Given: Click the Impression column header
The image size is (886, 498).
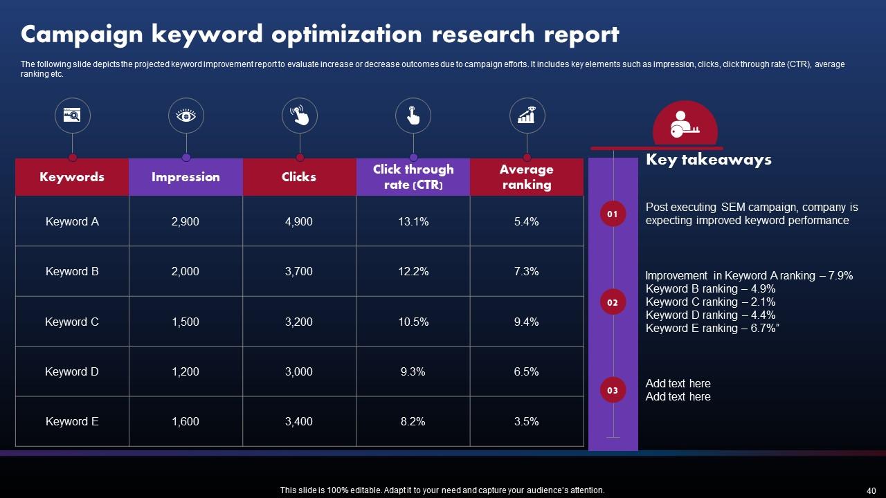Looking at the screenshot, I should click(x=186, y=177).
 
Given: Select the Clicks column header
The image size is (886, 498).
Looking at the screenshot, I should click(x=299, y=177).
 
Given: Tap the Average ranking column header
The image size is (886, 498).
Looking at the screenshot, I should click(x=527, y=177).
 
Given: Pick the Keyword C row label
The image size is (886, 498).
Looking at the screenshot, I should click(x=72, y=322).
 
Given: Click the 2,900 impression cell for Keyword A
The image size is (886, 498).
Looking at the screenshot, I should click(x=186, y=221).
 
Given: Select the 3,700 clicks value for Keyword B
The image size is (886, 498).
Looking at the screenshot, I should click(x=299, y=271).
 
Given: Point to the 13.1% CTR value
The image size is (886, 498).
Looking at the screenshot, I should click(x=413, y=221).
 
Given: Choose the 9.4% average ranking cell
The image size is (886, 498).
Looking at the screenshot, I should click(x=527, y=322).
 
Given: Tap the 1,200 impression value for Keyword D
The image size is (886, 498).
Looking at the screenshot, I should click(x=186, y=371).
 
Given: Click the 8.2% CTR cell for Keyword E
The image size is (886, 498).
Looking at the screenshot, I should click(x=413, y=421).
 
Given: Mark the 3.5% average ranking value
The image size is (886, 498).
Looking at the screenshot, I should click(x=527, y=421).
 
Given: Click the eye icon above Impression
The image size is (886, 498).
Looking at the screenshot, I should click(x=186, y=116).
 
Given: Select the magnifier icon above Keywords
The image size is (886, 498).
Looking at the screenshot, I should click(x=73, y=116).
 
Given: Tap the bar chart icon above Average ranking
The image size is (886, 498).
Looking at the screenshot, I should click(x=527, y=116).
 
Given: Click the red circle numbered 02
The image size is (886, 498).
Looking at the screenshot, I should click(x=613, y=302).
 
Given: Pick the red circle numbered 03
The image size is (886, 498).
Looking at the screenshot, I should click(x=613, y=390).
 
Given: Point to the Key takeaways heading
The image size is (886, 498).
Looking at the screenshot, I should click(x=708, y=160).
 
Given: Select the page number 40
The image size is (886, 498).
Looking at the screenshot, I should click(x=871, y=490).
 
